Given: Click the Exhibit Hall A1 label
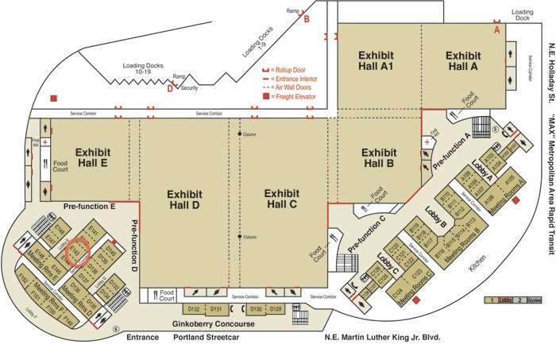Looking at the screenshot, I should pyautogui.click(x=376, y=61).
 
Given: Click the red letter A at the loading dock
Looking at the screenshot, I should pyautogui.click(x=498, y=29).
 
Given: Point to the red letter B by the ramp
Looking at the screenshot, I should pyautogui.click(x=307, y=19).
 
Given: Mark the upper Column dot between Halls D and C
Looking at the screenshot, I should pyautogui.click(x=240, y=134).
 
